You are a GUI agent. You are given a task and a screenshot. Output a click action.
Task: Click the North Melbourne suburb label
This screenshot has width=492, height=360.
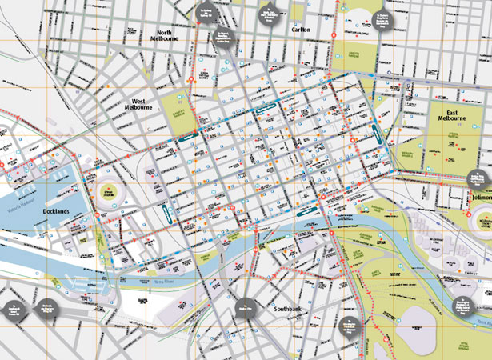[169, 34]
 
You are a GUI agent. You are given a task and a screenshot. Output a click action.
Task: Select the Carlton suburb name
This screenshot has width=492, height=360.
[300, 30]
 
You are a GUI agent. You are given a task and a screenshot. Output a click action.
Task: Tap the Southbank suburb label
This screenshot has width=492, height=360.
[289, 308]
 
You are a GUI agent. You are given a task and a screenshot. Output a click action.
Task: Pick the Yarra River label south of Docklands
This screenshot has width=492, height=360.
[160, 282]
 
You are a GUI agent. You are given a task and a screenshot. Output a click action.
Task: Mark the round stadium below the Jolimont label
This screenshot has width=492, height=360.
[483, 218]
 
